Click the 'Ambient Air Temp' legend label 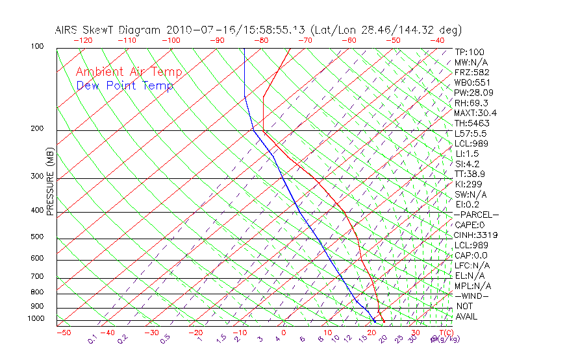(129, 72)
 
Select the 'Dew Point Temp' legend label (125, 86)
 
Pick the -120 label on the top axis (82, 40)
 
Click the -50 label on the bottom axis (64, 333)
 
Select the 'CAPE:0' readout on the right (470, 225)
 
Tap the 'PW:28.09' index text (473, 93)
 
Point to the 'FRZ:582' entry (472, 72)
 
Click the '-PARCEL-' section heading (476, 215)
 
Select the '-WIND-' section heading (471, 296)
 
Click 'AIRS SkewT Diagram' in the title (109, 30)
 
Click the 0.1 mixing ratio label (93, 339)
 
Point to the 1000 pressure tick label (36, 318)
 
